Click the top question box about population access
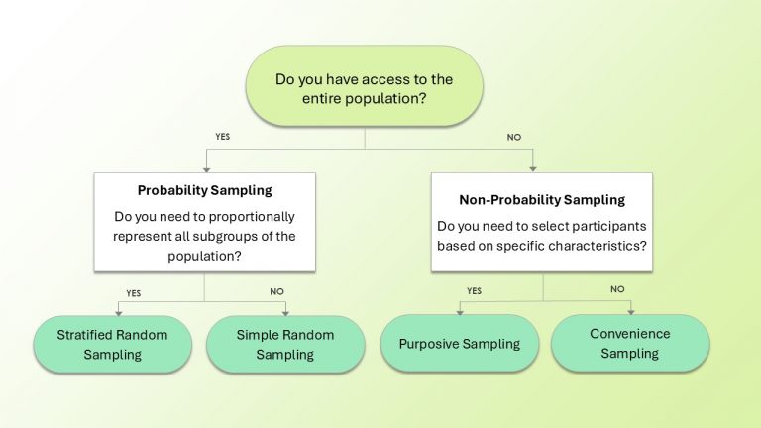(366, 85)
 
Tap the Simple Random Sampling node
(284, 344)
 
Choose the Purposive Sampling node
(459, 344)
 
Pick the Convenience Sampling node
(629, 344)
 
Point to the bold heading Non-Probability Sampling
(542, 200)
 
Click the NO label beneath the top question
(513, 137)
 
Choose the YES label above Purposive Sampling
(473, 290)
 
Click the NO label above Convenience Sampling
(617, 289)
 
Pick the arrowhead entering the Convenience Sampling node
(629, 311)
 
